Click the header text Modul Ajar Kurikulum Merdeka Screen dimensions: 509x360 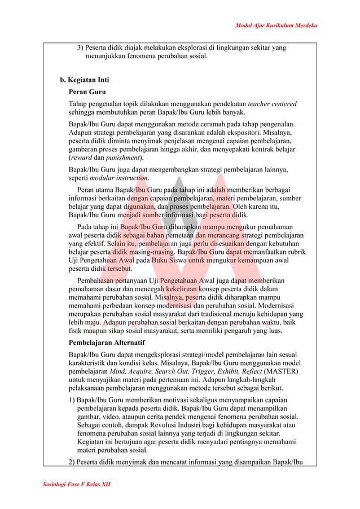(276, 25)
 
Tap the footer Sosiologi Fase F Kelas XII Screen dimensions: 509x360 (76, 485)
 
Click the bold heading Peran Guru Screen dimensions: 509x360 (87, 91)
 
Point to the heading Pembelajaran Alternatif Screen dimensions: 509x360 (107, 343)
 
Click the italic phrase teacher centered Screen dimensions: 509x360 (272, 104)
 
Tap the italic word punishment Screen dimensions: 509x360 (123, 157)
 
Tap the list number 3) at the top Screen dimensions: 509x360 (81, 48)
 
